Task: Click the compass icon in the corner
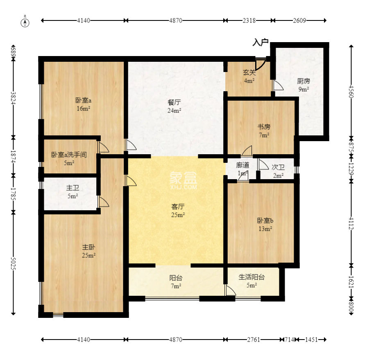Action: tap(25, 22)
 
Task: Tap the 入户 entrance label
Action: tap(260, 42)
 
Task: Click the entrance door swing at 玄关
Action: tap(260, 64)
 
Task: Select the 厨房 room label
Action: tap(304, 81)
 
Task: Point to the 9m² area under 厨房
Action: tap(304, 89)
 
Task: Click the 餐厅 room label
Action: tap(174, 102)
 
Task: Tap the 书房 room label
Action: tap(264, 127)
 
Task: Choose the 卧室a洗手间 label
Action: tap(69, 155)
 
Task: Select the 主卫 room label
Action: tap(72, 188)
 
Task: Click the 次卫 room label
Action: tap(278, 167)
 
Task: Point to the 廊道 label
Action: tap(243, 165)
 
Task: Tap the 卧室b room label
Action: tap(265, 220)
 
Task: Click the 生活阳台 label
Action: tap(251, 277)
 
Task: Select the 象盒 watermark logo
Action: tap(183, 180)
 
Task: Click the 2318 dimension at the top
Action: tap(249, 20)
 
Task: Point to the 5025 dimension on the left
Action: tap(14, 263)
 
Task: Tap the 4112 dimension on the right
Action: tap(351, 223)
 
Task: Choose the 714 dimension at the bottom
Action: tap(289, 340)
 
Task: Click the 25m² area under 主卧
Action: tap(88, 255)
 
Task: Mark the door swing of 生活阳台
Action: tap(230, 290)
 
